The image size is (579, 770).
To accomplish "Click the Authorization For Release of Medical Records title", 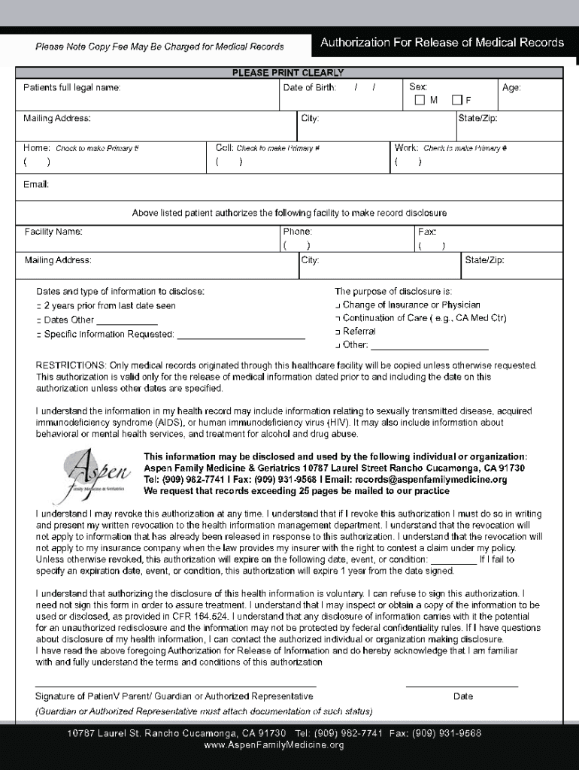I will (442, 43).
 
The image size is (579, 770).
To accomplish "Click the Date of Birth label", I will (309, 88).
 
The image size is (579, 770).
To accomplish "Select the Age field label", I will (511, 88).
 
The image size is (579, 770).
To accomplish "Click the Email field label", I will (35, 186).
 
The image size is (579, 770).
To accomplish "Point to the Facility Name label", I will (53, 232).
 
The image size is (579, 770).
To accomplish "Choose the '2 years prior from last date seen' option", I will (38, 306).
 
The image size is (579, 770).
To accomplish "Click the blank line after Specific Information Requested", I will (241, 335).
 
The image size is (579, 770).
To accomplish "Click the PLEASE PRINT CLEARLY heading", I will (288, 73).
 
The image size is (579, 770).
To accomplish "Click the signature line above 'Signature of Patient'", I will (175, 686).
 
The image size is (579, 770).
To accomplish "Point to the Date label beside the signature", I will (463, 696).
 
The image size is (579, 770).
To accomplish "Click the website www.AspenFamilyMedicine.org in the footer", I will (274, 745).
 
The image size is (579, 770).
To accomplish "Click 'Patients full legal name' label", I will (71, 88).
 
